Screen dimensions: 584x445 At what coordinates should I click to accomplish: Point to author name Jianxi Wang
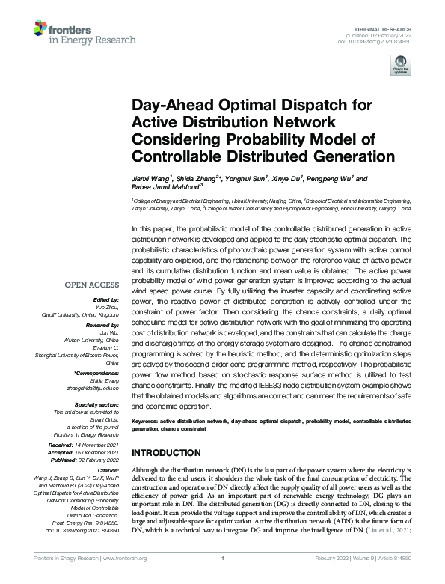[x=150, y=179]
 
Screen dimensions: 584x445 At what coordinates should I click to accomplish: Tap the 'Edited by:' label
[x=105, y=299]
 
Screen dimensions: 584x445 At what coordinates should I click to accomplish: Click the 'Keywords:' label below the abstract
[x=145, y=421]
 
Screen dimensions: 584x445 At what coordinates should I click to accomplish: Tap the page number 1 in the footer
[x=223, y=578]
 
